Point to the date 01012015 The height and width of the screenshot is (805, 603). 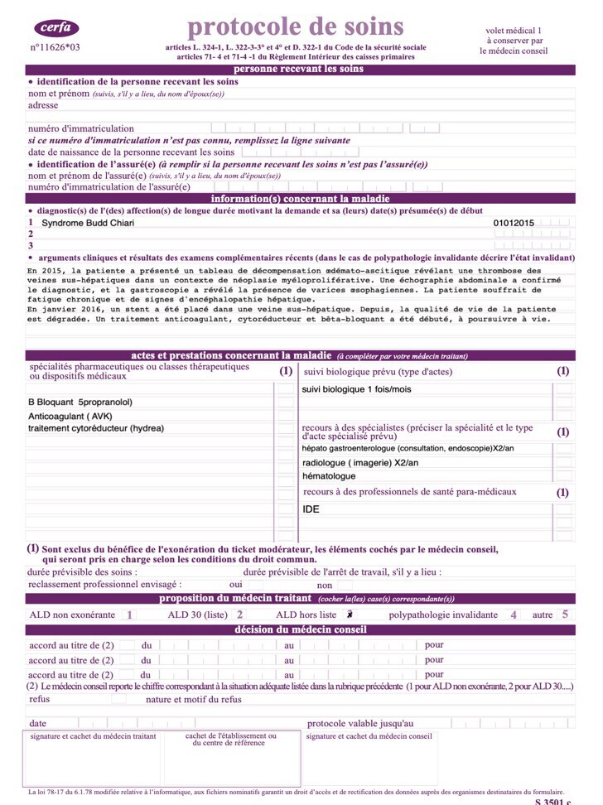tap(514, 223)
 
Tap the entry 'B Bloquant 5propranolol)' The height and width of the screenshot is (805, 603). tap(80, 402)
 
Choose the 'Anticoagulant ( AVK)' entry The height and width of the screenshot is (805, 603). tap(70, 415)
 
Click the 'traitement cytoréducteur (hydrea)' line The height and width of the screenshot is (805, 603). tap(96, 428)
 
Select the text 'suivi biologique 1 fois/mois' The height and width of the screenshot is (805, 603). tap(356, 389)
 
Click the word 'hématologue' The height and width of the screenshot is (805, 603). tap(329, 476)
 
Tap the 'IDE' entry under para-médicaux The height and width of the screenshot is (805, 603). tap(311, 509)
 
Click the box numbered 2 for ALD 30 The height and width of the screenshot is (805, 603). tap(239, 615)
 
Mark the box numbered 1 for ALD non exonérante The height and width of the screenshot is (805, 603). tap(129, 615)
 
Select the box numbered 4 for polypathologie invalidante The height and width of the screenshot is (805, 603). tap(514, 615)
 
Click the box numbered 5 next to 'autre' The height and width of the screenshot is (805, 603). tap(565, 615)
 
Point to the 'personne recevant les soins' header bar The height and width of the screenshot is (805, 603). tap(298, 70)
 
